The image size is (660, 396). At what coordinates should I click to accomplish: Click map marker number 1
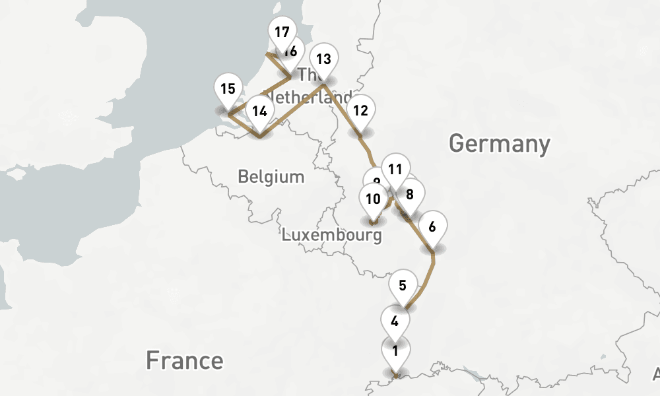[395, 350]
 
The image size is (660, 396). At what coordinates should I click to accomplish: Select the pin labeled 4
[395, 322]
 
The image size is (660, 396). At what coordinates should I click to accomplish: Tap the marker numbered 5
[403, 286]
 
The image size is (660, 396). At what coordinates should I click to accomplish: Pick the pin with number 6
[432, 227]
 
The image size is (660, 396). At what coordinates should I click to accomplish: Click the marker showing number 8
[411, 194]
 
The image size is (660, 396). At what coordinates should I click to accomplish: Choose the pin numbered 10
[373, 198]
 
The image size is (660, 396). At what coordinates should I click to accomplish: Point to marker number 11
[395, 169]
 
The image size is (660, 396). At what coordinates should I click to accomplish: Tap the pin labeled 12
[360, 110]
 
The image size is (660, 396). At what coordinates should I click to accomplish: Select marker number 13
[323, 59]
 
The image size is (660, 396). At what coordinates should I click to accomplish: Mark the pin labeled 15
[228, 88]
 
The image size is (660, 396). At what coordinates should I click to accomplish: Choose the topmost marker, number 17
[282, 32]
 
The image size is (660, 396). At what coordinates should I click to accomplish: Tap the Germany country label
[499, 143]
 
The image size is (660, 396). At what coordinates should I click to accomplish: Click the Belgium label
[271, 177]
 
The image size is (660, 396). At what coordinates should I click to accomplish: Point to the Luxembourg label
[332, 235]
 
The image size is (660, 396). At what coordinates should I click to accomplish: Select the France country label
[184, 360]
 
